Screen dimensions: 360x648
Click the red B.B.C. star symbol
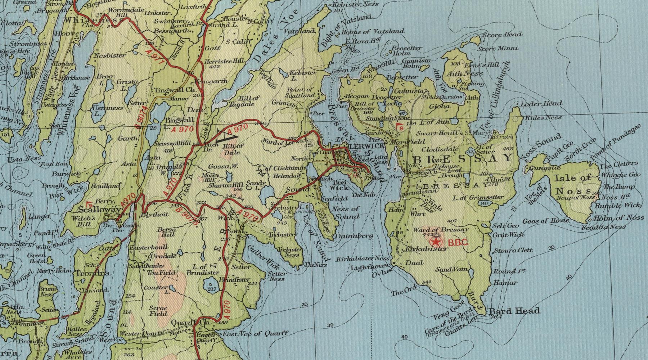coord(438,242)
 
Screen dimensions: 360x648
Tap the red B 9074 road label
coord(141,117)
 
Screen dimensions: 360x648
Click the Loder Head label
coord(541,103)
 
